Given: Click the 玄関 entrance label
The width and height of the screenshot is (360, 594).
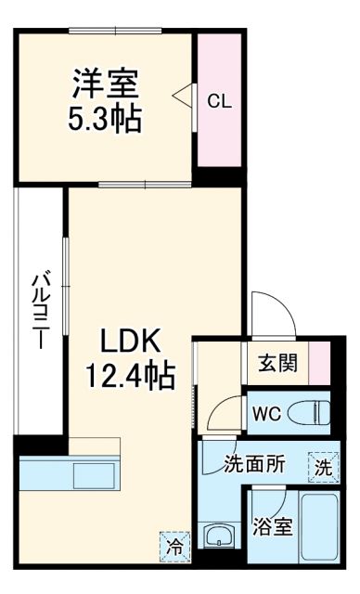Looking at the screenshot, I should click(x=276, y=362).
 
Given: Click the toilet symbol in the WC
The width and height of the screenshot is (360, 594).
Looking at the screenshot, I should click(x=310, y=410).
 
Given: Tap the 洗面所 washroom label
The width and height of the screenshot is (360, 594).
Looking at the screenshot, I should click(x=252, y=465).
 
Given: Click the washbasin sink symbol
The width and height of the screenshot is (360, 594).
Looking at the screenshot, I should click(x=221, y=537).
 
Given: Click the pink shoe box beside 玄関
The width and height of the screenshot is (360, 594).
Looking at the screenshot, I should click(x=319, y=361).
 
